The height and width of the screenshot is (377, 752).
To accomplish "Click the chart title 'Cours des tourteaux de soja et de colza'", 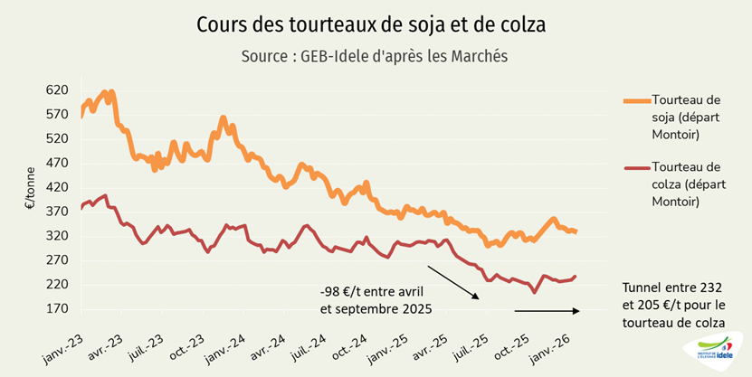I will tap(371, 24).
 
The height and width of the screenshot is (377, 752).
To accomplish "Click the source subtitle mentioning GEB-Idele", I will tap(375, 56).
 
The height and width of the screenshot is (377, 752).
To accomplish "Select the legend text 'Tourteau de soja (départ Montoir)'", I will tap(687, 117).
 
